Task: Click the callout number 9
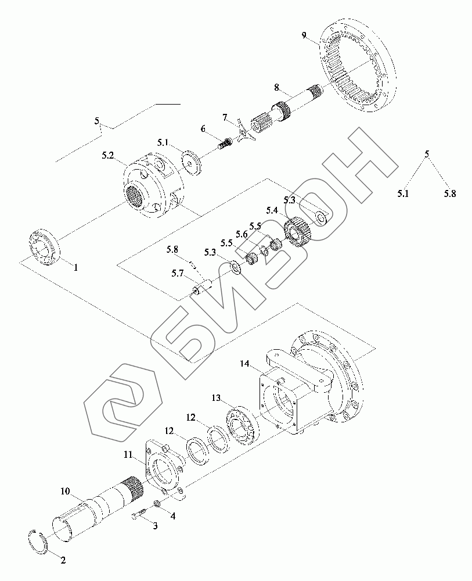pyautogui.click(x=304, y=35)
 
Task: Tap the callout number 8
pyautogui.click(x=277, y=87)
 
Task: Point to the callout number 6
pyautogui.click(x=203, y=128)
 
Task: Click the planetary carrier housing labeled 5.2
pyautogui.click(x=153, y=186)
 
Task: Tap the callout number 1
pyautogui.click(x=75, y=268)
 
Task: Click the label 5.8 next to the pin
pyautogui.click(x=172, y=249)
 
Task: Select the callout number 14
pyautogui.click(x=245, y=364)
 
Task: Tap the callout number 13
pyautogui.click(x=216, y=398)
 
